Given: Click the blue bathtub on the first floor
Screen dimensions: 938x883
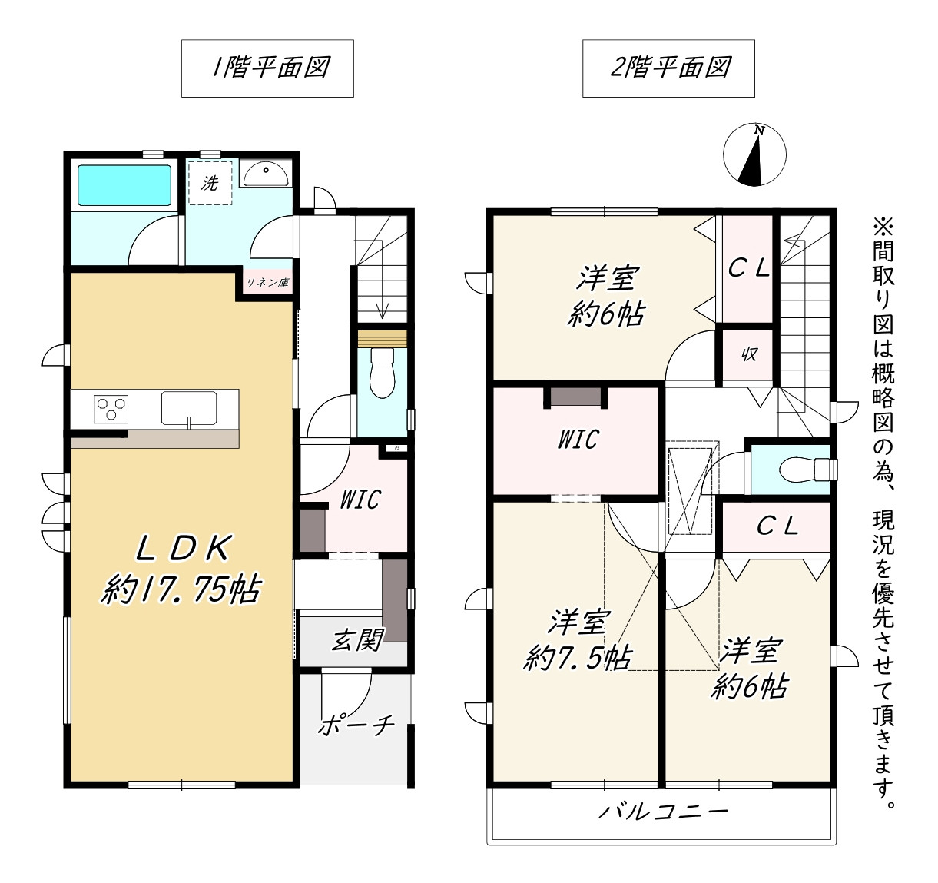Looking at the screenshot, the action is click(x=124, y=185).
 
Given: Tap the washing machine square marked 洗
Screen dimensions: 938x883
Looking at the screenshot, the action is click(x=210, y=183).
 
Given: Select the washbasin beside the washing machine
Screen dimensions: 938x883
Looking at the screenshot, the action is click(x=266, y=173).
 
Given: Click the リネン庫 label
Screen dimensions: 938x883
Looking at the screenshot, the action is click(x=267, y=283).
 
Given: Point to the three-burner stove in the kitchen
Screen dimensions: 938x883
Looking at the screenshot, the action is click(x=111, y=409).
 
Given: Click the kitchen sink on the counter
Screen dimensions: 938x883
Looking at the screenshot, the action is click(x=189, y=408).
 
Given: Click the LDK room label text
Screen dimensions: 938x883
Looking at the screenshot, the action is click(x=184, y=549).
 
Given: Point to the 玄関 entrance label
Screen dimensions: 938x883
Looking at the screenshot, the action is click(x=357, y=639).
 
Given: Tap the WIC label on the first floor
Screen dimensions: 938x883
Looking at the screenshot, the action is click(x=360, y=500).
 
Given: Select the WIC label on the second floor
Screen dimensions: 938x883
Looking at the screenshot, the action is click(x=578, y=439).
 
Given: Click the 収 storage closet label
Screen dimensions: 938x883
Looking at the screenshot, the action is click(x=749, y=354).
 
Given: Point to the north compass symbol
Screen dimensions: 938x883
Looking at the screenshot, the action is click(x=754, y=154).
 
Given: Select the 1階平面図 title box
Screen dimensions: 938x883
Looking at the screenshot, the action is click(x=268, y=68).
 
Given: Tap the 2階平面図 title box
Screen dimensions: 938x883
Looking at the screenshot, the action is click(x=668, y=68).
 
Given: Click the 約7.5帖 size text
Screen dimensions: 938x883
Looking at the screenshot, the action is click(x=577, y=658).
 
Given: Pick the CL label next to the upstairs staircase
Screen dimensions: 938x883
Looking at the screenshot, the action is click(x=749, y=270).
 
